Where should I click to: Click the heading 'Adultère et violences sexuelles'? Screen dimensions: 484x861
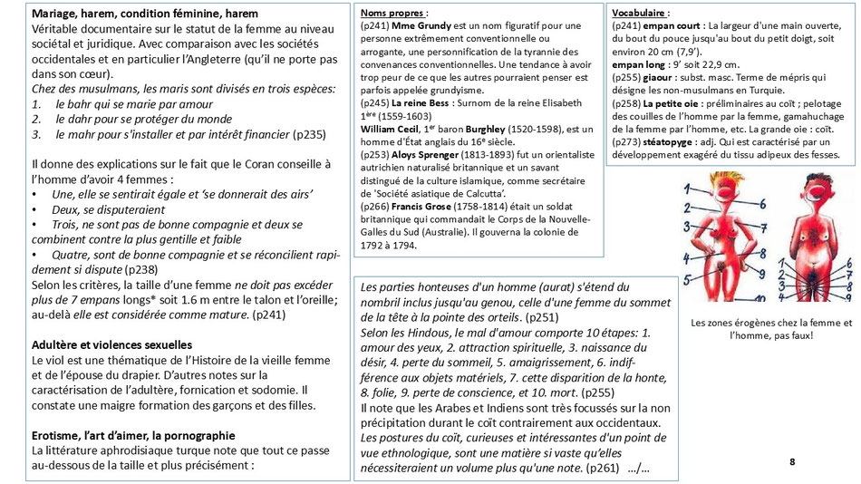point(111,344)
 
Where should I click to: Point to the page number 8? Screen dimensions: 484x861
point(792,462)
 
